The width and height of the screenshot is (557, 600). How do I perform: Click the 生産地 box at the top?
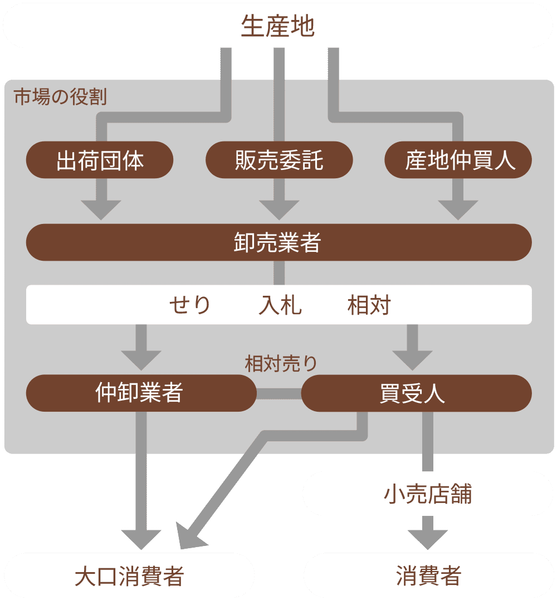click(x=278, y=26)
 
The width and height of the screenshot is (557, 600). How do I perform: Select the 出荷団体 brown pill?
click(x=100, y=160)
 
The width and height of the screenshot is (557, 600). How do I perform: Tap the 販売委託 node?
click(x=279, y=160)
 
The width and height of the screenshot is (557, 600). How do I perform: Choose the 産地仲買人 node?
click(x=458, y=160)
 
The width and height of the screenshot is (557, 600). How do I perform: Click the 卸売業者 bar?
click(x=278, y=242)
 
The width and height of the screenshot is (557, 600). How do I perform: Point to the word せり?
click(x=190, y=305)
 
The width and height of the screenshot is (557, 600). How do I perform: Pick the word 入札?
click(x=280, y=305)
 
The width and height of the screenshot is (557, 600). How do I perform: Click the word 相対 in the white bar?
click(x=369, y=305)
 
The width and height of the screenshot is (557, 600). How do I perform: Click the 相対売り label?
click(x=281, y=363)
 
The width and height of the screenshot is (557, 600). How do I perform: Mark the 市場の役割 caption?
click(x=60, y=97)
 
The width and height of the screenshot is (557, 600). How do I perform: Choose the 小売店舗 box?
click(x=428, y=494)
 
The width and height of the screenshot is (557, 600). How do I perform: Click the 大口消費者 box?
click(x=129, y=576)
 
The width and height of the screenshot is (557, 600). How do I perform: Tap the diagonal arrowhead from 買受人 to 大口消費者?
click(x=187, y=535)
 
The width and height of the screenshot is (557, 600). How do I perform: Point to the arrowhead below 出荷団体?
click(x=101, y=209)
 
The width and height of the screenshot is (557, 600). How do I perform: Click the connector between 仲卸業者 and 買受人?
click(x=278, y=393)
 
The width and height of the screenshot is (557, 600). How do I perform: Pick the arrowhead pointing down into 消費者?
click(x=428, y=539)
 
